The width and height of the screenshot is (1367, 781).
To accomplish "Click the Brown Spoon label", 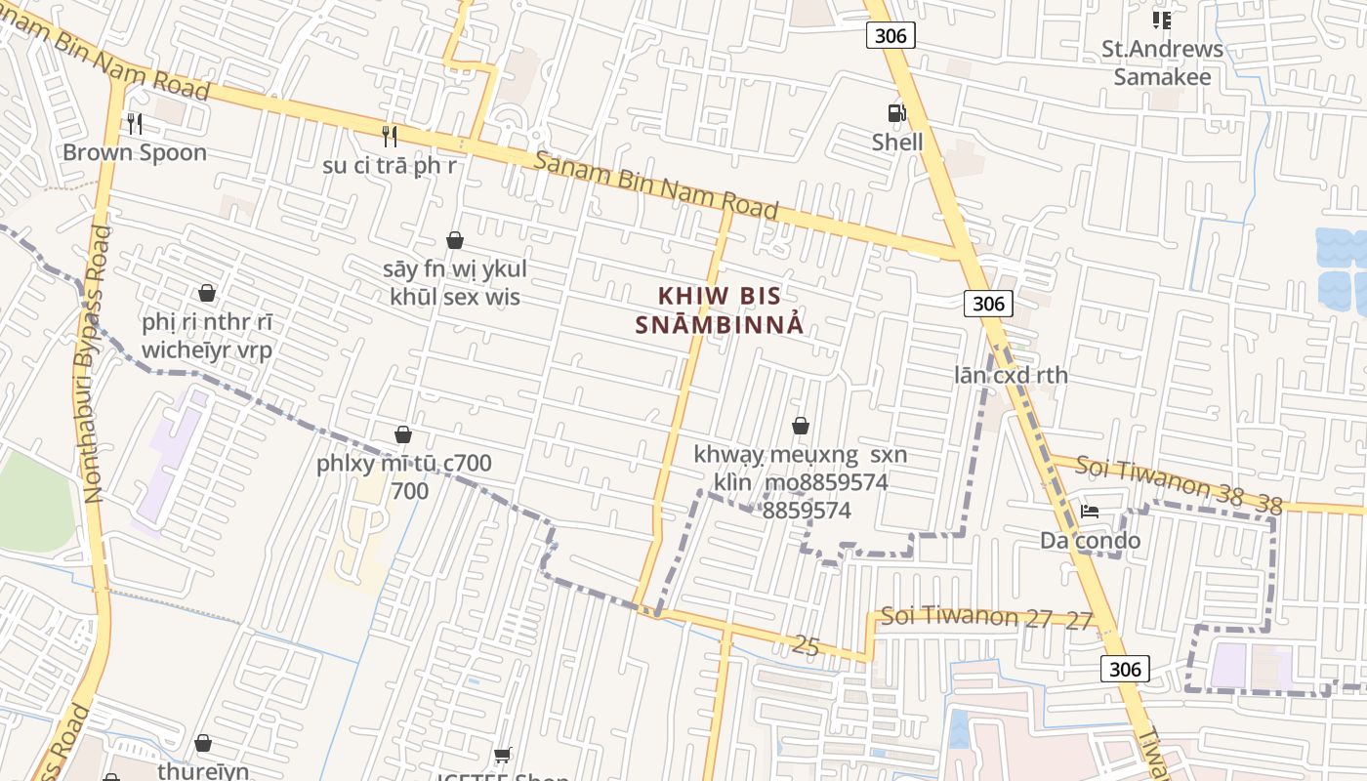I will pos(135,152).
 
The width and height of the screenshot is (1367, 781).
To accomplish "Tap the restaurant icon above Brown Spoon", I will pos(135,123).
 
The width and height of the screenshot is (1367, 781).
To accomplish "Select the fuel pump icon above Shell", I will pos(896,113).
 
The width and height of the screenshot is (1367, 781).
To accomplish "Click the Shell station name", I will pos(896,143).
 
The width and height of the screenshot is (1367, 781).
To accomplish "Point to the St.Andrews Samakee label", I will pos(1162,62).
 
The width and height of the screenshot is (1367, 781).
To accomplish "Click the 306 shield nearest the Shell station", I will pos(891,36).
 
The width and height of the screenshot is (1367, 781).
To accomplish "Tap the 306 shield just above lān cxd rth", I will pos(988,304).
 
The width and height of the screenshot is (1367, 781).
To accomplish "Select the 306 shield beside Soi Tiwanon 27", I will pos(1125,669).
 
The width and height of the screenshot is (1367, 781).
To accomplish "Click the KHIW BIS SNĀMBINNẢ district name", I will pos(720,310).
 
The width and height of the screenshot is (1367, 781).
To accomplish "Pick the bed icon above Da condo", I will pos(1090,512).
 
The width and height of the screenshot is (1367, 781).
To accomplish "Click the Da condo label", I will pos(1090,540).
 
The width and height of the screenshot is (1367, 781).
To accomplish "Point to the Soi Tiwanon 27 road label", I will pos(986,617).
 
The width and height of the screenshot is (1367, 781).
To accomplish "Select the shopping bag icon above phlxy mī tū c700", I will pos(403,434).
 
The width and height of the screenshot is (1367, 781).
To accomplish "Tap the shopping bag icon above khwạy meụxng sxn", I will pos(801,426).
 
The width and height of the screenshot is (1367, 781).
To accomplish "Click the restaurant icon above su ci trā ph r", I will pos(390,136).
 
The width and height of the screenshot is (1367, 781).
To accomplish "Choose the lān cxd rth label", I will pos(1011,375).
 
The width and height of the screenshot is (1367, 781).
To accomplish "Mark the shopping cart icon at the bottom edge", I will pos(503,755).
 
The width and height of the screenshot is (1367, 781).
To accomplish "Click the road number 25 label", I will pos(806,644).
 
